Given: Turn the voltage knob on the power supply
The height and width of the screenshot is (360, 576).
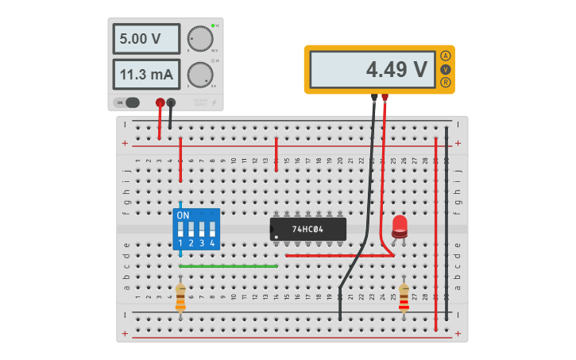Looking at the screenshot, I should click(199, 38).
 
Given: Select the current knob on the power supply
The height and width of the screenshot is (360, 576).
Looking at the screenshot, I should click(199, 74).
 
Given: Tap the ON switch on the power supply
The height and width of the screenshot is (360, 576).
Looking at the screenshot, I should click(127, 103).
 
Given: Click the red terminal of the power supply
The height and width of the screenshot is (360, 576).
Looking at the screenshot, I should click(160, 103).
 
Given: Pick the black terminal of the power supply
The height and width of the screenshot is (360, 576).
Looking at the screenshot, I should click(171, 103).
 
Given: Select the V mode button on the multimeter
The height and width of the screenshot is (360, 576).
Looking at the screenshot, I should click(446, 69).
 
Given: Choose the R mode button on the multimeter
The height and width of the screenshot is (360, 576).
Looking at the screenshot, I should click(446, 83).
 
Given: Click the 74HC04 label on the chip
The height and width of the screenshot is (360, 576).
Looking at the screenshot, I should click(307, 230).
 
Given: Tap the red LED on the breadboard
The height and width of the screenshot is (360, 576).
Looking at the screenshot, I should click(399, 226).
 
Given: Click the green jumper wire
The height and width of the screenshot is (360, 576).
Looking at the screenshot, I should click(228, 266).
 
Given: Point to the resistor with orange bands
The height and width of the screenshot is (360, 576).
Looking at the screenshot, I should click(180, 298).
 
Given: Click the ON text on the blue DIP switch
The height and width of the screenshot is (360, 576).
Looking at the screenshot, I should click(184, 215).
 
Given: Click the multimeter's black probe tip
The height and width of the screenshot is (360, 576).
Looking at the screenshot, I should click(373, 99).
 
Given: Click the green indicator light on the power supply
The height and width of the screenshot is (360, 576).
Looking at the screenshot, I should click(213, 26).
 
